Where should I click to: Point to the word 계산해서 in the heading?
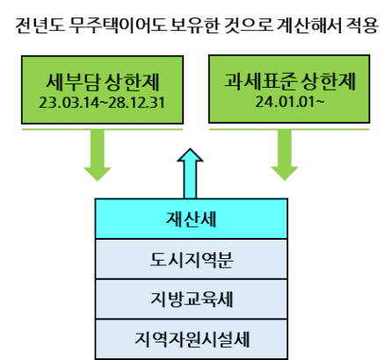(x=309, y=25)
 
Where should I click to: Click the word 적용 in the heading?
(x=362, y=25)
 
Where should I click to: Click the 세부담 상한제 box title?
(x=103, y=82)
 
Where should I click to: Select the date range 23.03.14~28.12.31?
(x=102, y=103)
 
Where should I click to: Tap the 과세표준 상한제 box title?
(x=290, y=81)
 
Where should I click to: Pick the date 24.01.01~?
(x=289, y=102)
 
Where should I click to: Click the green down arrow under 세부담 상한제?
(x=98, y=155)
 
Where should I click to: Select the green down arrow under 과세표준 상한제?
(x=285, y=155)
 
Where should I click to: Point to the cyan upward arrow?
(x=190, y=174)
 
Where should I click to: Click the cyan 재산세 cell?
(x=192, y=219)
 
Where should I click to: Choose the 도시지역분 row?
(x=192, y=259)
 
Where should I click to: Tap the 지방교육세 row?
(x=192, y=299)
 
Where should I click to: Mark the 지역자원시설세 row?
(x=192, y=339)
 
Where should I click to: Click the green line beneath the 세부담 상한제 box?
(x=102, y=129)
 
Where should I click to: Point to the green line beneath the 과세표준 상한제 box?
(x=289, y=129)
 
